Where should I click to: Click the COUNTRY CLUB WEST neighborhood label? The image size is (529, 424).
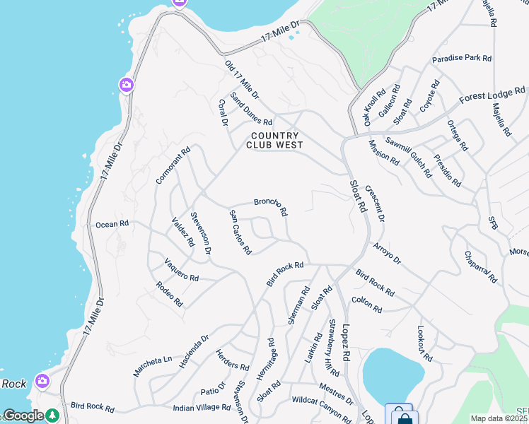(274, 140)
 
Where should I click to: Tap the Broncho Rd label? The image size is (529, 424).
(271, 206)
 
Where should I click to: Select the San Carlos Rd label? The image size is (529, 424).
(240, 232)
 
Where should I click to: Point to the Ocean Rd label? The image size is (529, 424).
(112, 224)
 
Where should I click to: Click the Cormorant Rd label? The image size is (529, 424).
(173, 165)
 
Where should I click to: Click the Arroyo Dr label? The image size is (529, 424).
(387, 253)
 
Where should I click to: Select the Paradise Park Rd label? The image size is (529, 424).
(462, 59)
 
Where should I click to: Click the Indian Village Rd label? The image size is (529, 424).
(202, 408)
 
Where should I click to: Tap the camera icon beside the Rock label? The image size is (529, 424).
(43, 381)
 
